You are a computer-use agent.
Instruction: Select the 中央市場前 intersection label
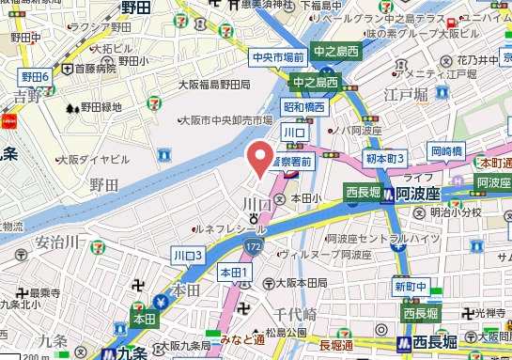[279, 58]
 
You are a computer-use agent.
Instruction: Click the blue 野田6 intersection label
[36, 76]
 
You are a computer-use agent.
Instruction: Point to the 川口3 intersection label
[188, 255]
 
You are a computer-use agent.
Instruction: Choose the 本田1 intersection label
[234, 273]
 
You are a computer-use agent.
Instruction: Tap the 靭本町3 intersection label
[385, 160]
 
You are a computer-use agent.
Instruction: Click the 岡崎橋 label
[447, 150]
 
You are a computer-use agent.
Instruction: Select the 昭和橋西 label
[305, 108]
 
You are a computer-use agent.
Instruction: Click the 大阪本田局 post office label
[298, 282]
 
